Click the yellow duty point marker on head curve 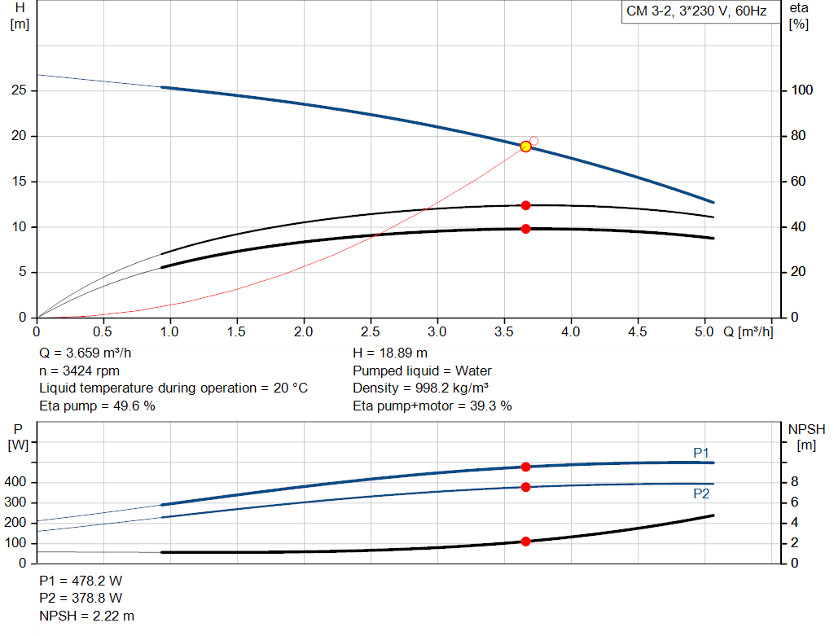(525, 147)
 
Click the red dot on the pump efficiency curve (525, 205)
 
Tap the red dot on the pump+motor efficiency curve (525, 229)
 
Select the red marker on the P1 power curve (525, 467)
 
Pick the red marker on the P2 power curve (525, 487)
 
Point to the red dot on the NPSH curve (525, 542)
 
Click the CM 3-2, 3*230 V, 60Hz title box (696, 12)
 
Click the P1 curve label (701, 453)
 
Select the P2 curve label (701, 493)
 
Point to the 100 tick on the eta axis (802, 90)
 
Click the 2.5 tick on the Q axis (371, 332)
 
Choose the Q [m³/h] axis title (748, 332)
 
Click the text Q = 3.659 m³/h (85, 353)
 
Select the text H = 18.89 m (390, 353)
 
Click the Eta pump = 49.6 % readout (97, 406)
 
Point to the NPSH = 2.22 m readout (87, 616)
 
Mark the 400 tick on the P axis (18, 483)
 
